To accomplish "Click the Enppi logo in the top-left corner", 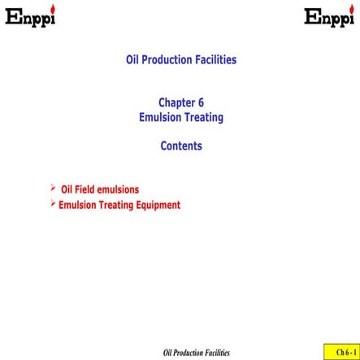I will point(30,17).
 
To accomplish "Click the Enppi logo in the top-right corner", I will point(329,17).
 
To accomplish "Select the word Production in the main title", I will point(169,60).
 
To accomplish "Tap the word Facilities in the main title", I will point(216,60).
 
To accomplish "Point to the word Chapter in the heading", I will point(176,103).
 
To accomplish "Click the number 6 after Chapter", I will point(201,103).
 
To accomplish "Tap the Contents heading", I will point(180,146).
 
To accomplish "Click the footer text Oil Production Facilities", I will point(197,353).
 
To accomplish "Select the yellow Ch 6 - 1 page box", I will point(340,352).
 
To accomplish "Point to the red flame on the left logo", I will point(53,9).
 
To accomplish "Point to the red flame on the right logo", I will point(352,9).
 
